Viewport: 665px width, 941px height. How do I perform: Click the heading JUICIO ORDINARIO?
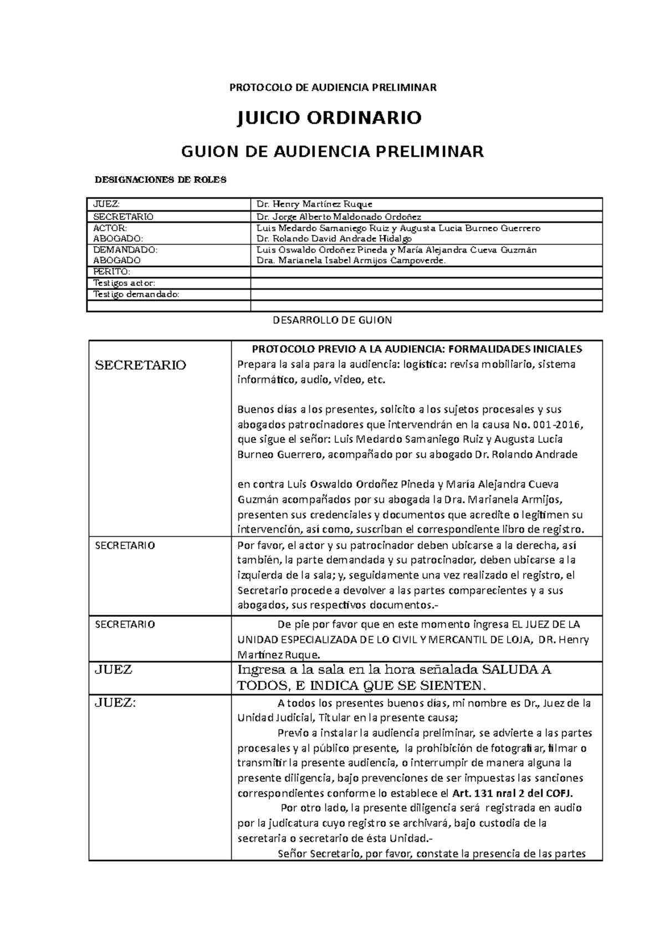click(329, 118)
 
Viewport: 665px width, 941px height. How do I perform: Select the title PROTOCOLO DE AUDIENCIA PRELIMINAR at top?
click(333, 87)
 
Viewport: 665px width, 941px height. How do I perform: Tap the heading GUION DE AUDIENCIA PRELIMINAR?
click(333, 151)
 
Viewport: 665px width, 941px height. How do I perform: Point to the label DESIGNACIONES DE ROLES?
click(161, 180)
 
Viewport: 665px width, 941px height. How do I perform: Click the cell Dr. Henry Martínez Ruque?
click(308, 204)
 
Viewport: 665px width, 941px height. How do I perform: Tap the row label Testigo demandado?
click(137, 294)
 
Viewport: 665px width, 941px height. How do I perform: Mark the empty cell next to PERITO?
click(426, 272)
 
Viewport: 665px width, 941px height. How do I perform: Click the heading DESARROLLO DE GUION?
click(333, 320)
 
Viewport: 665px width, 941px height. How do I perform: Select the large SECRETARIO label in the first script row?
click(141, 365)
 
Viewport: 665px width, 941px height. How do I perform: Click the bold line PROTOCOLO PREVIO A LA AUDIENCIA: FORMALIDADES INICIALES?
click(417, 349)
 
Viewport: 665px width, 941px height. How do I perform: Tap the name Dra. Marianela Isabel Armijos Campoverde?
click(348, 260)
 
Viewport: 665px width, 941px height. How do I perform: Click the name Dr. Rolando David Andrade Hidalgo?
click(331, 239)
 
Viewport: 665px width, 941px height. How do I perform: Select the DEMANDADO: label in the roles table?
click(125, 250)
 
